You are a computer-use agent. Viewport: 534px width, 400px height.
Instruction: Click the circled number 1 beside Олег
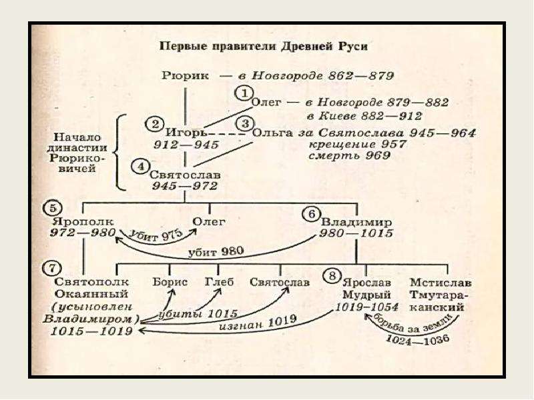click(244, 93)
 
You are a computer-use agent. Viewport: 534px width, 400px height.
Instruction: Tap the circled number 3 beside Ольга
click(245, 123)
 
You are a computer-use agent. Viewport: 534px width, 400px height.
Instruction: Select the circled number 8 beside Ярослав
click(332, 275)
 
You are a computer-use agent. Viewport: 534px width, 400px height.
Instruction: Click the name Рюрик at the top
click(185, 75)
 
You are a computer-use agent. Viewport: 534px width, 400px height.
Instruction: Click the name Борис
click(170, 282)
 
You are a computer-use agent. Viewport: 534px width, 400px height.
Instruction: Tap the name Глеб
click(220, 282)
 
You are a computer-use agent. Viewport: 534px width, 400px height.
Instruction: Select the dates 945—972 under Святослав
click(185, 186)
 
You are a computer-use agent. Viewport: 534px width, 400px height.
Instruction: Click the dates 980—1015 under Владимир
click(356, 233)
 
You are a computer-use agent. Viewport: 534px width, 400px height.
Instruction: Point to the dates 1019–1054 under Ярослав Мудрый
click(366, 307)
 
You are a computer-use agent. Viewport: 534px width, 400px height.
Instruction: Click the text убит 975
click(157, 235)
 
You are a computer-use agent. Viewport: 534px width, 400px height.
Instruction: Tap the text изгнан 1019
click(258, 323)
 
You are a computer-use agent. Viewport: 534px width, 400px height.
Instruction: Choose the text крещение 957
click(358, 144)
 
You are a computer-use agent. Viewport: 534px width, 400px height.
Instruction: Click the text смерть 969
click(349, 156)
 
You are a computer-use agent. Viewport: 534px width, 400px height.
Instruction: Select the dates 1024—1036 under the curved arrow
click(418, 339)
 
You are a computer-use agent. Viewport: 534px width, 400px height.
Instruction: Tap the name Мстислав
click(441, 282)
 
